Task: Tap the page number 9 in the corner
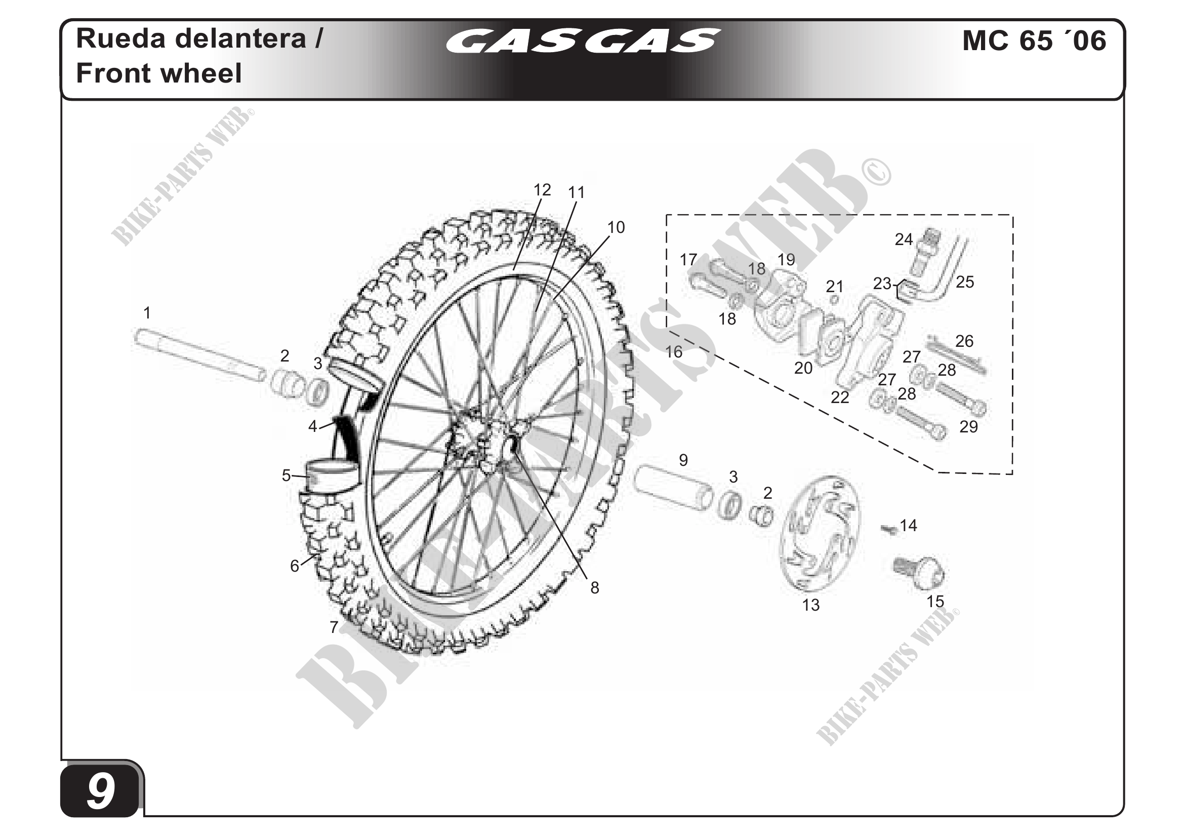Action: pos(101,791)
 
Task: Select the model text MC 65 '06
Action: pos(1034,41)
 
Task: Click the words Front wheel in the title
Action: pos(159,73)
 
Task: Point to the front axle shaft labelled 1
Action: pos(198,354)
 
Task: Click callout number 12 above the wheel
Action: pos(542,190)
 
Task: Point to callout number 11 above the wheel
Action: pos(576,192)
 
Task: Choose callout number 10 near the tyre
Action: pos(616,227)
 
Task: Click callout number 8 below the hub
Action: pos(595,587)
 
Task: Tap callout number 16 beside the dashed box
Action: pos(673,352)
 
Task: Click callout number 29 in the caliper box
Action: pos(968,426)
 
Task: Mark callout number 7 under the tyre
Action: pos(334,627)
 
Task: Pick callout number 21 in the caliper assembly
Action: pos(834,286)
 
